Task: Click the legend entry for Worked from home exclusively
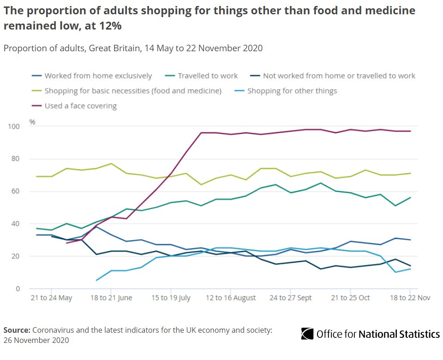tap(98, 76)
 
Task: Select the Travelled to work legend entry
tap(208, 76)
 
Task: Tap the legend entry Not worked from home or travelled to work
tap(339, 76)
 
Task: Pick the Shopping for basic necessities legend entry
tap(133, 91)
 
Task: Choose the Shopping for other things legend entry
tap(292, 91)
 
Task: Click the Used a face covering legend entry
tap(80, 106)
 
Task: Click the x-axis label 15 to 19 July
tap(171, 298)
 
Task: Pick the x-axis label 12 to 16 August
tap(230, 298)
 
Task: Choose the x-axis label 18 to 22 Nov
tap(410, 298)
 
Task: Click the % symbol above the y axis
tap(32, 122)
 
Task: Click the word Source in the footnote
tap(17, 330)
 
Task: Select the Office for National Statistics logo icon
tap(307, 334)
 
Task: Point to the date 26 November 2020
tap(36, 340)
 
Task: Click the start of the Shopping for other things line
tap(96, 280)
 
